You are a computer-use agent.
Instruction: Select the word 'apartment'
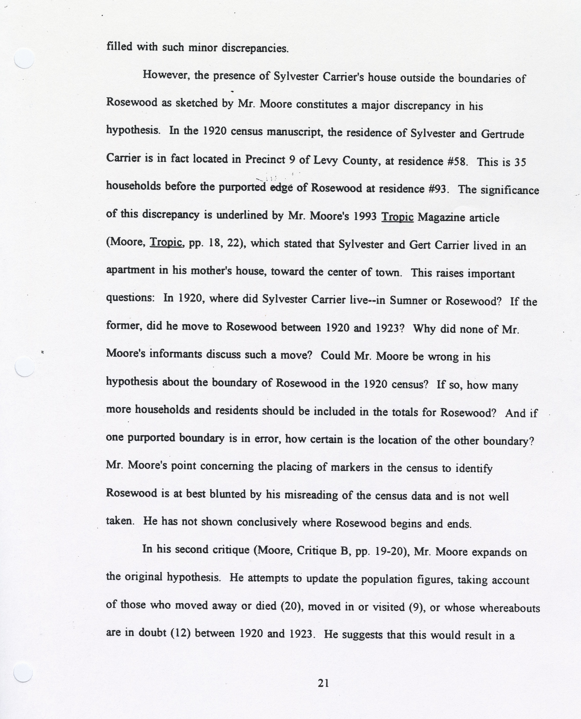tap(130, 270)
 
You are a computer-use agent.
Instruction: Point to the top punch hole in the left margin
tap(24, 58)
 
